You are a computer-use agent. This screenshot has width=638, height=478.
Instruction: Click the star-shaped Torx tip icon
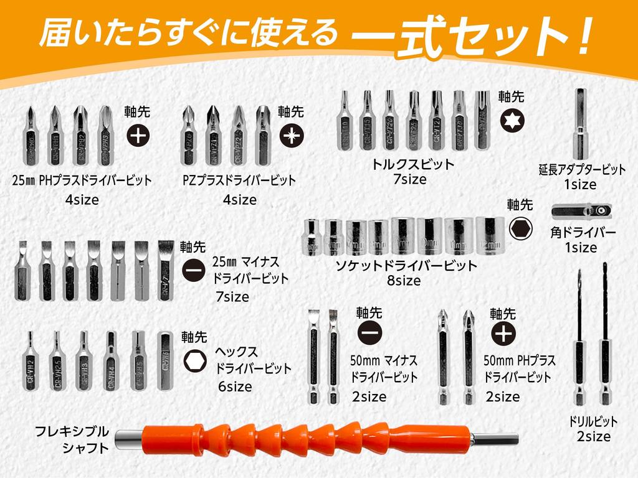(511, 120)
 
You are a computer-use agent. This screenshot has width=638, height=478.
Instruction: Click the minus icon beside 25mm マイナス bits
(193, 270)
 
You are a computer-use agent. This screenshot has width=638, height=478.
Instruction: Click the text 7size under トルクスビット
(409, 180)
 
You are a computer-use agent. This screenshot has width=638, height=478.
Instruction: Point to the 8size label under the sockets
(404, 281)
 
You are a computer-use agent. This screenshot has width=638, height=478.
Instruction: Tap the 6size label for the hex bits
(235, 387)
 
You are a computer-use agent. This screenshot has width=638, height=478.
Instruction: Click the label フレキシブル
(72, 431)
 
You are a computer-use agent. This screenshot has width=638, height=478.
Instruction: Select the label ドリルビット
(593, 421)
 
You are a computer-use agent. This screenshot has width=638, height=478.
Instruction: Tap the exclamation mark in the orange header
(584, 37)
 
